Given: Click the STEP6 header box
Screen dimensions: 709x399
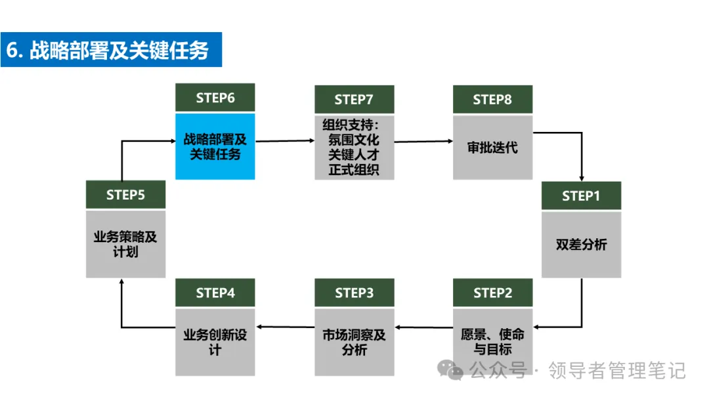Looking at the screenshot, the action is (215, 98).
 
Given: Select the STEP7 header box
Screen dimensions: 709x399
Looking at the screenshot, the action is (354, 99).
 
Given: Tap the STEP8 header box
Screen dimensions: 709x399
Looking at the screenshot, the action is (493, 99).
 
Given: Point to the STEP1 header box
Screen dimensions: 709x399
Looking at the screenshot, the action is (582, 196).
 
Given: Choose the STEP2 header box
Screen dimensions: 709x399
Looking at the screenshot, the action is (493, 293).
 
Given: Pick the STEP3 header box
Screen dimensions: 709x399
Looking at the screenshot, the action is (354, 293).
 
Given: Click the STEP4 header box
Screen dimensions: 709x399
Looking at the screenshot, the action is (215, 293).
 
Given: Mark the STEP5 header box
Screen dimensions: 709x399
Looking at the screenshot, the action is (125, 195).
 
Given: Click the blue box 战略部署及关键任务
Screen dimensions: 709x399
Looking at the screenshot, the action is (215, 146).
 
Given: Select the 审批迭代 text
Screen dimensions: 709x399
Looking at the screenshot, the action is (492, 147).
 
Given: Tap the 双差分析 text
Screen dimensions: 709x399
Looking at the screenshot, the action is (582, 245).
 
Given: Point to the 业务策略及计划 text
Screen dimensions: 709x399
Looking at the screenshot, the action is (125, 244).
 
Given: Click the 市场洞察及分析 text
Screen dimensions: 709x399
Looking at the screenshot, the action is (354, 342).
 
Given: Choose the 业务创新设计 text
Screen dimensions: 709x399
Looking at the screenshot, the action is (215, 342).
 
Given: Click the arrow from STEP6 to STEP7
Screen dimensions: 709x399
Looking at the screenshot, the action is (285, 141).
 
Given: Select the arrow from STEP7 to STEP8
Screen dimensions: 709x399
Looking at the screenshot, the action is (423, 142).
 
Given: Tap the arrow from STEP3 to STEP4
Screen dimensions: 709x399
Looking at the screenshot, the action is (286, 327).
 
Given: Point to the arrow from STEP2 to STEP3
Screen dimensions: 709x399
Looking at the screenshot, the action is (424, 327).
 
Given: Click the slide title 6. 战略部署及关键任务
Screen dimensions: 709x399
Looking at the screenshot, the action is (108, 50).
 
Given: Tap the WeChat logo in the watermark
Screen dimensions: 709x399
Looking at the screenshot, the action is (450, 370).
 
